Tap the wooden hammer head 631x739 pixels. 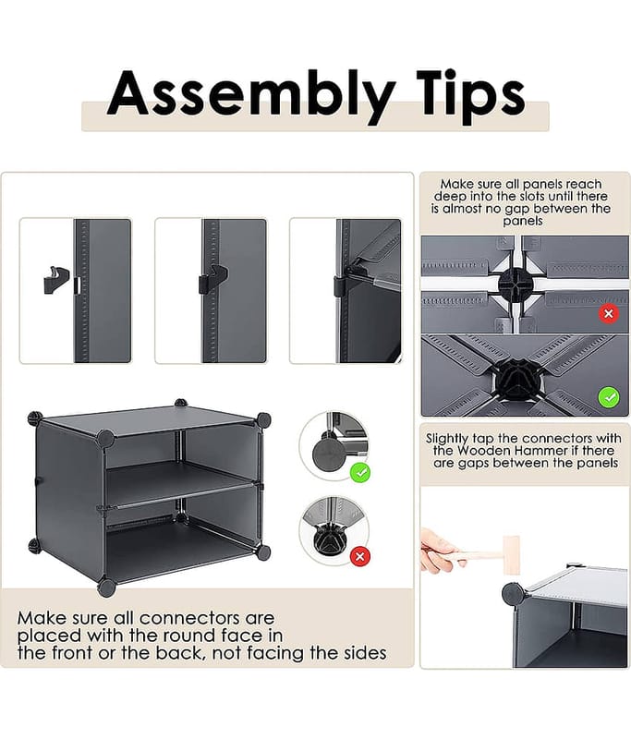click(511, 555)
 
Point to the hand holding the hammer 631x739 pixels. click(438, 549)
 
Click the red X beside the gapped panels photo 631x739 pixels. click(609, 313)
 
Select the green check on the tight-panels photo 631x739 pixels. click(609, 397)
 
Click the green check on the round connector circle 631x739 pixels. click(361, 472)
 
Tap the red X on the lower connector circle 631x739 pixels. click(360, 557)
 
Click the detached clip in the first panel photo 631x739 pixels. click(56, 280)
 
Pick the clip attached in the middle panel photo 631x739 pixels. click(213, 279)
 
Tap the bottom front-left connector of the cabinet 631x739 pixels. click(106, 587)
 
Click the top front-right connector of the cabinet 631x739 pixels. click(263, 420)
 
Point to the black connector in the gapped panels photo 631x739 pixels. click(516, 285)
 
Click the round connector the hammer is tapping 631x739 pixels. click(512, 594)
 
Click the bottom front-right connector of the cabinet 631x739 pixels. click(263, 552)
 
